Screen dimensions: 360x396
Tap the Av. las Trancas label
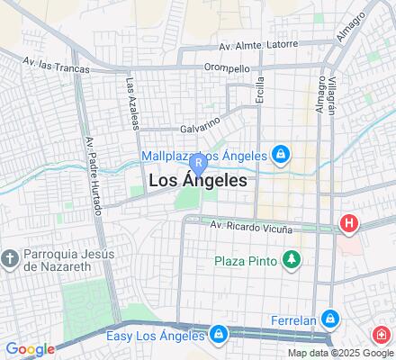click(x=56, y=61)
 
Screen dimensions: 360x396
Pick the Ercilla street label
click(x=260, y=91)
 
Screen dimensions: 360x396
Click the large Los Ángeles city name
click(x=196, y=180)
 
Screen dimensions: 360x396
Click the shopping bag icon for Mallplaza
click(x=282, y=154)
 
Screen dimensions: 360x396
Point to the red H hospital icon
click(x=347, y=222)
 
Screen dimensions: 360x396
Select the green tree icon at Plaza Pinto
click(x=291, y=261)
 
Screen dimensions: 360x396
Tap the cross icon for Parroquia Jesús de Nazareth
click(x=10, y=257)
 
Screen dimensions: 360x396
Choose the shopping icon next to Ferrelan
click(x=331, y=318)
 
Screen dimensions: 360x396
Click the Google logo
click(x=30, y=349)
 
